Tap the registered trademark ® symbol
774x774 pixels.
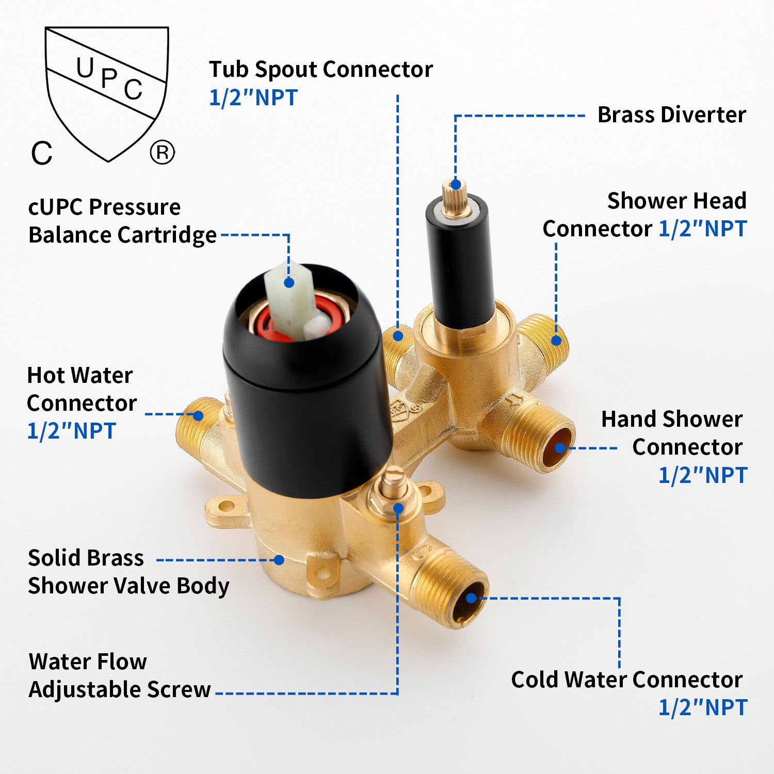pos(163,153)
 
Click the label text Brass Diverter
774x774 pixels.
pos(671,115)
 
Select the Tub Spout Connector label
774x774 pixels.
pos(320,70)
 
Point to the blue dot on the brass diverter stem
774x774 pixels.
pos(456,184)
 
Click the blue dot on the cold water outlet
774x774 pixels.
pos(472,598)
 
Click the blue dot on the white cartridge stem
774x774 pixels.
pos(289,283)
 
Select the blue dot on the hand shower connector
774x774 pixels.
pos(560,448)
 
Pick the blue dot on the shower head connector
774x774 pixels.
pos(556,341)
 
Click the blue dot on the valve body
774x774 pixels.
pos(279,560)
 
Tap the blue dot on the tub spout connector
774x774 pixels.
pos(398,336)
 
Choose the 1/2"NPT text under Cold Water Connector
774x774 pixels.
pos(703,707)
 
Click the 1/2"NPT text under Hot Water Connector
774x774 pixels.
pos(71,431)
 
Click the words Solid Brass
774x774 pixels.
pos(86,558)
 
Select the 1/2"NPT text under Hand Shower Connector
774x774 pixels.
pos(703,475)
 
